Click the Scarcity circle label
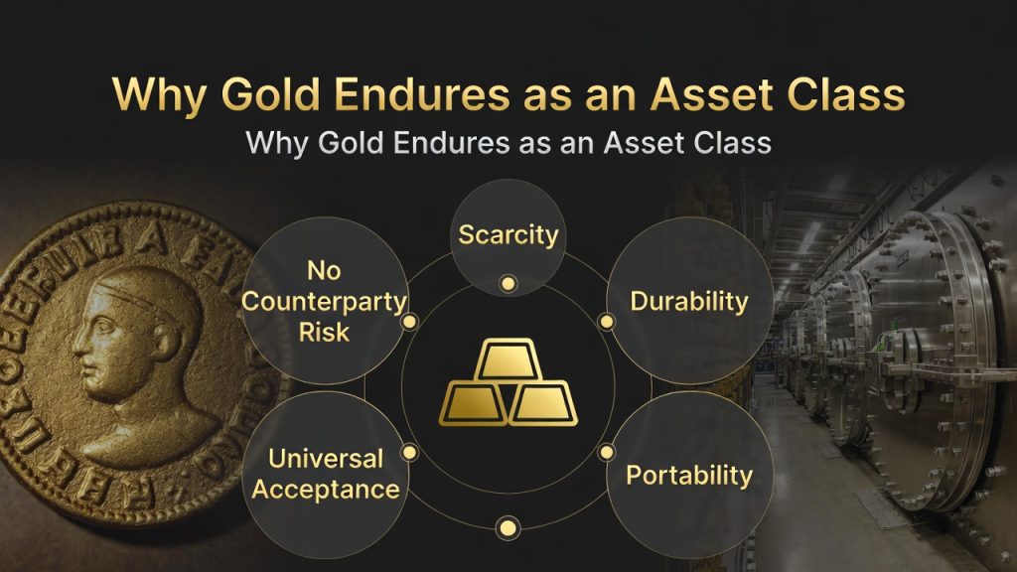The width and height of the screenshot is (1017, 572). pos(508,236)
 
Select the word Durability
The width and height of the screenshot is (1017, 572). pos(689,301)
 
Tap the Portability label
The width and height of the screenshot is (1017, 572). pos(689,475)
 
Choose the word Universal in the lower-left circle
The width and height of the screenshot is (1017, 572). pos(325,459)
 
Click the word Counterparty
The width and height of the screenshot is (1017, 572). pos(325,301)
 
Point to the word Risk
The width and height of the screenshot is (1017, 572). pos(325,332)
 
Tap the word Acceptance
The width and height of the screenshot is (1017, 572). pos(325,489)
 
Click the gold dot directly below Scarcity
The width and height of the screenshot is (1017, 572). pos(508,284)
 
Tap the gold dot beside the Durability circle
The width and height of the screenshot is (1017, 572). pos(606,322)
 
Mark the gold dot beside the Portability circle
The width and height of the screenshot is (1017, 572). pos(606,452)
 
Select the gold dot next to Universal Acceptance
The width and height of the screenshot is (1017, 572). pos(410,452)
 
